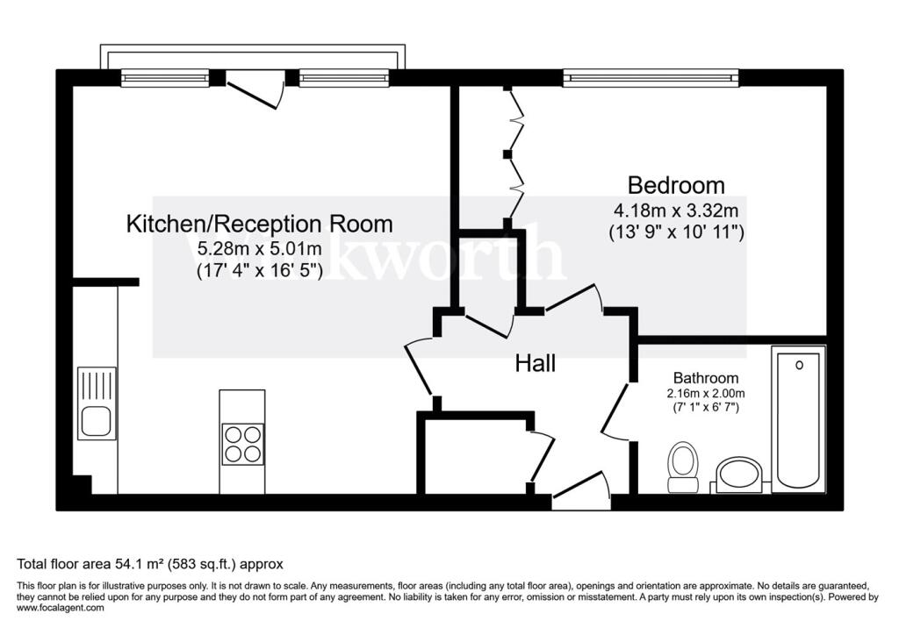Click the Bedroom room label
(x=676, y=186)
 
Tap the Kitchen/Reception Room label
(x=260, y=224)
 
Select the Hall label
(x=535, y=363)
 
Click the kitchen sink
(x=97, y=403)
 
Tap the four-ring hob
(x=242, y=443)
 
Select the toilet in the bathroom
(x=682, y=467)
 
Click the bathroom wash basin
(x=739, y=475)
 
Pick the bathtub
(x=797, y=417)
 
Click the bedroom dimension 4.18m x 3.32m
(x=676, y=211)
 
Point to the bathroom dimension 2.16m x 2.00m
(x=705, y=394)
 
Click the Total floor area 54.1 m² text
(x=150, y=564)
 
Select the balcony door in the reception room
(x=255, y=91)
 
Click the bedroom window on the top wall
(x=651, y=78)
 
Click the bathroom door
(x=616, y=410)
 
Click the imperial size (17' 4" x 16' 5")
(x=260, y=272)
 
